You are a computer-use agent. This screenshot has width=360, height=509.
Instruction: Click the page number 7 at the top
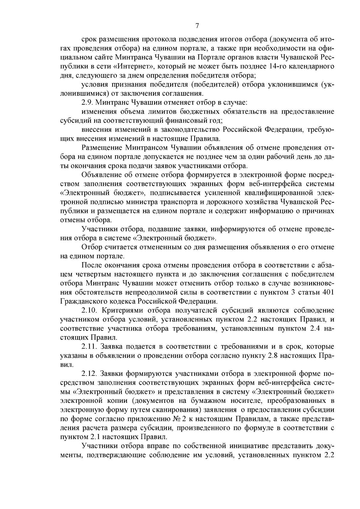click(197, 26)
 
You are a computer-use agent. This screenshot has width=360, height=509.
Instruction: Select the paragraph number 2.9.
click(87, 102)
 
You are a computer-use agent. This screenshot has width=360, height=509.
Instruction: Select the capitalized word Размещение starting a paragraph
click(102, 148)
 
